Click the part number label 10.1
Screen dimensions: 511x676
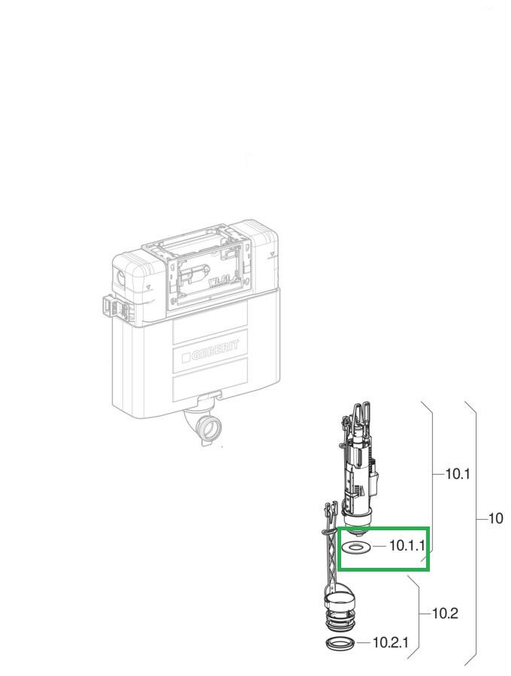[457, 474]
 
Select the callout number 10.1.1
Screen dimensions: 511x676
[407, 545]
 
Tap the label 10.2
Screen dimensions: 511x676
[445, 613]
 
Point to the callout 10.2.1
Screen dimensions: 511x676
[390, 643]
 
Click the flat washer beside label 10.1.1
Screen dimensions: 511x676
[355, 547]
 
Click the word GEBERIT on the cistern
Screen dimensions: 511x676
[215, 354]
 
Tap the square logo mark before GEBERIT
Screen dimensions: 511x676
[186, 358]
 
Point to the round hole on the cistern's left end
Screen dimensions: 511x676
[120, 275]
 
